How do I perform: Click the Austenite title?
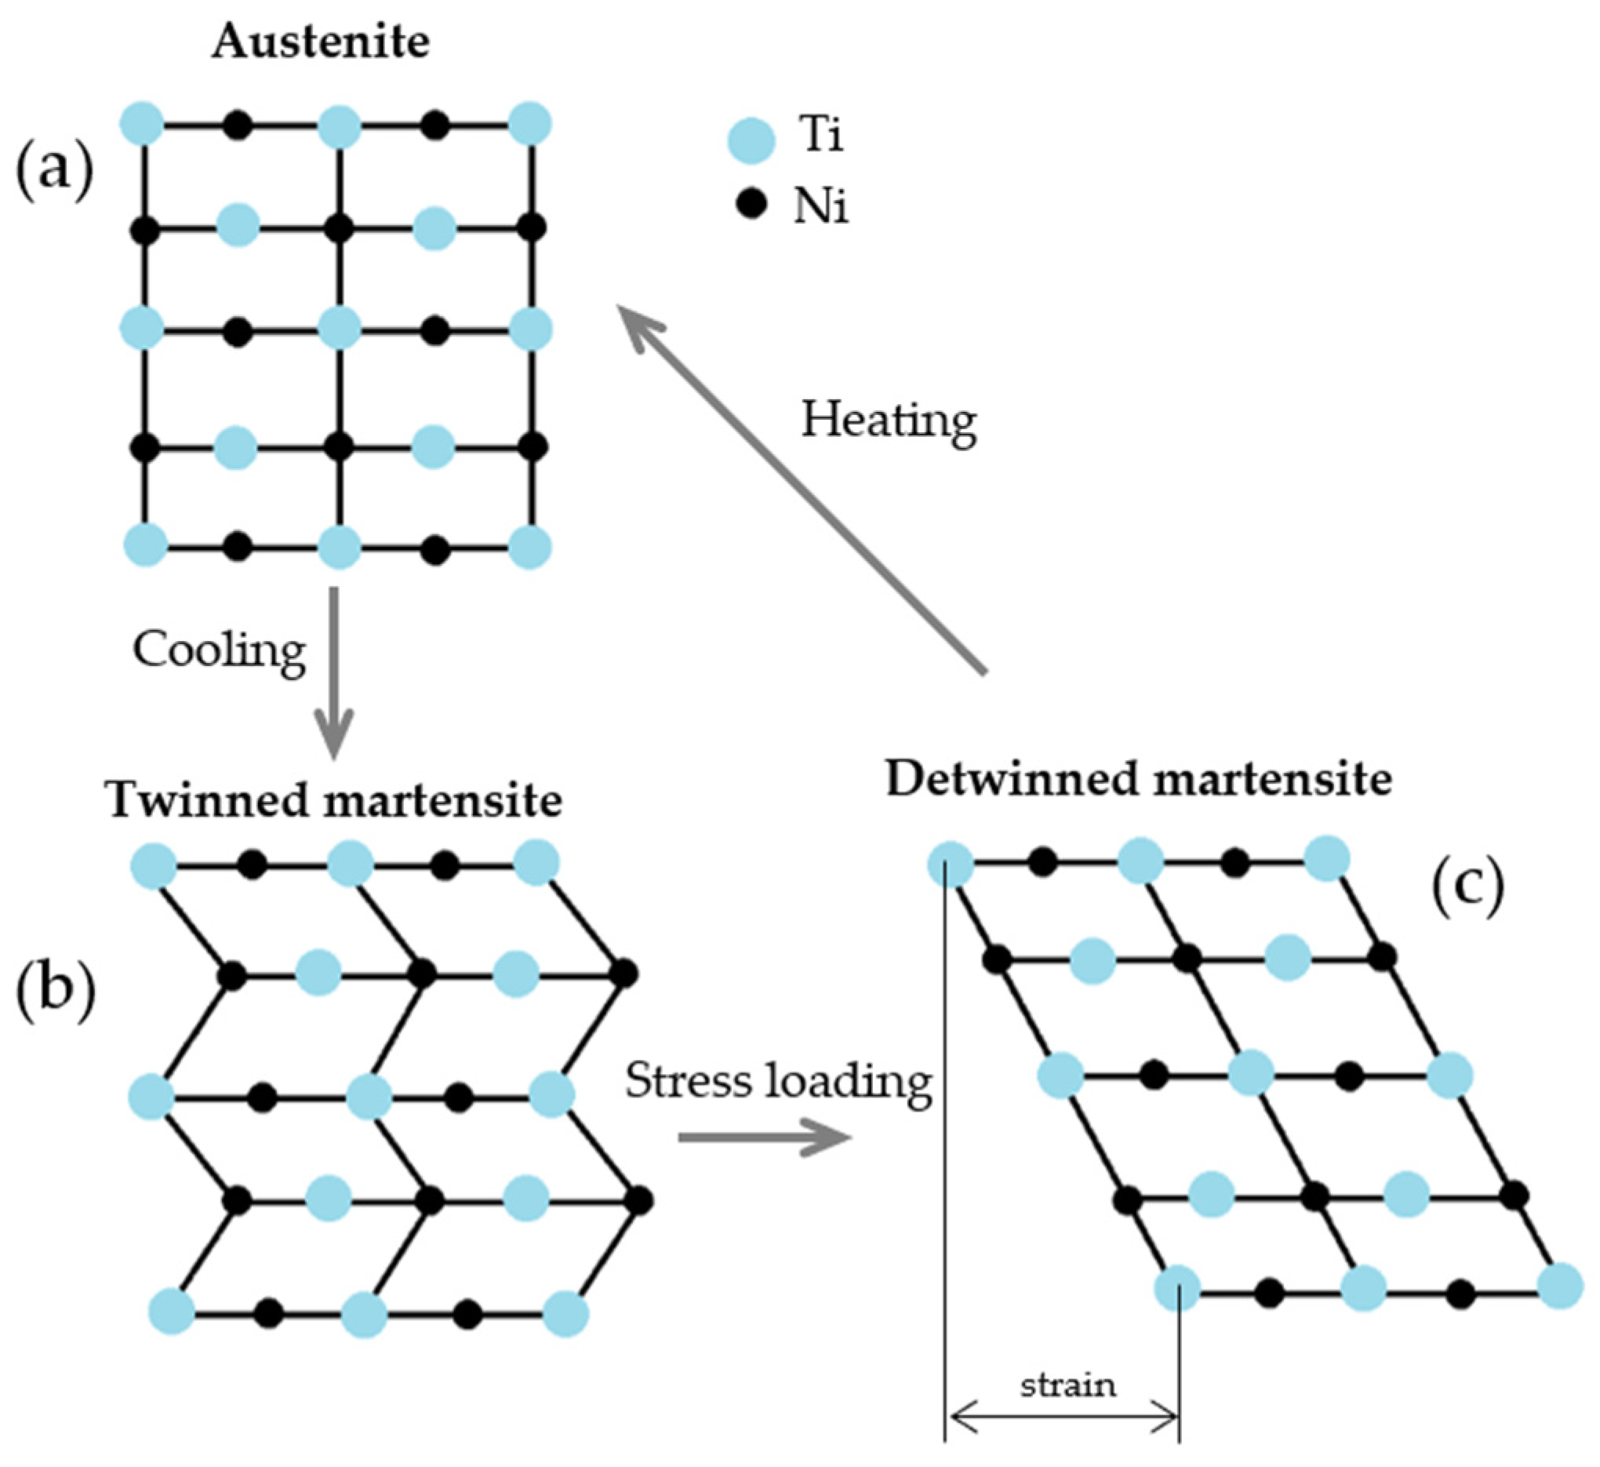click(x=321, y=42)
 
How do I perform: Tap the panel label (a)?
click(x=54, y=169)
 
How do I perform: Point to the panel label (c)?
click(x=1467, y=885)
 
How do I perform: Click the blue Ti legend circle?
click(x=751, y=140)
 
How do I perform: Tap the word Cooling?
click(x=219, y=650)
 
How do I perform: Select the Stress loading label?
click(x=778, y=1080)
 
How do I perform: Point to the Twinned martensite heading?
click(x=334, y=799)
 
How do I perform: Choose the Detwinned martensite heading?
click(x=1139, y=779)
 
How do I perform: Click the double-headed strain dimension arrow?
click(x=1064, y=1417)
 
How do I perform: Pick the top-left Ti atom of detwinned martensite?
click(x=951, y=864)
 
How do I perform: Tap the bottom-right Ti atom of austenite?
click(x=529, y=546)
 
